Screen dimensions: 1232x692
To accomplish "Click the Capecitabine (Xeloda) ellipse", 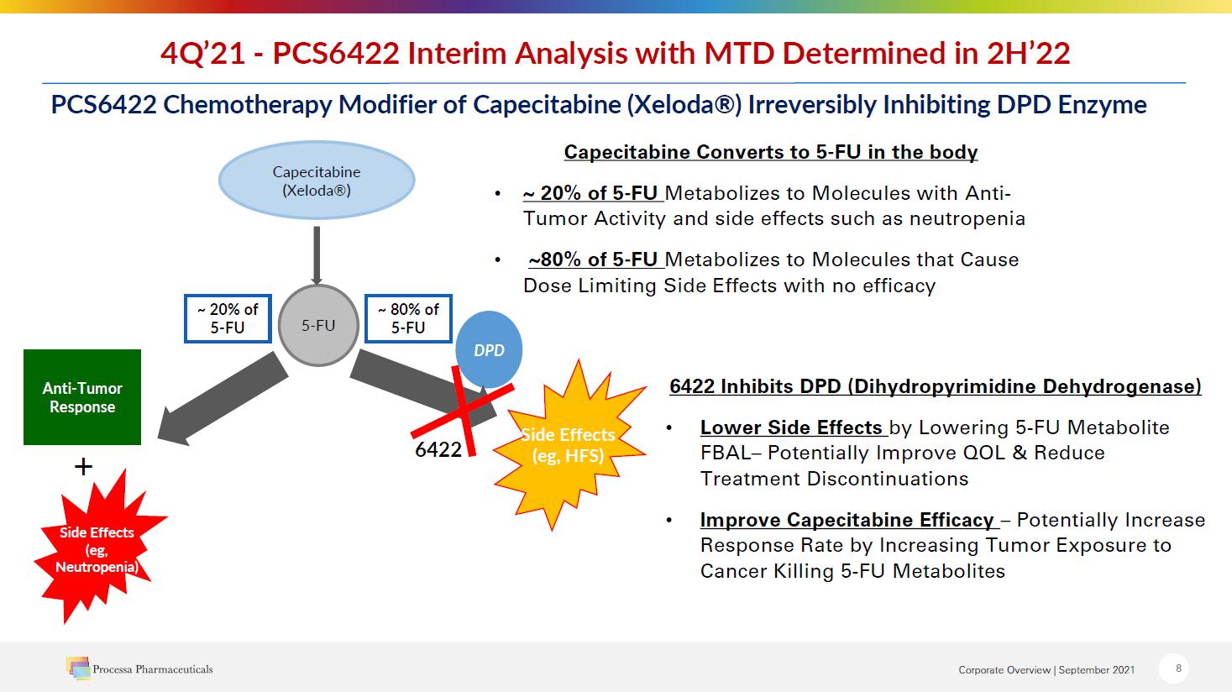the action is pyautogui.click(x=317, y=181).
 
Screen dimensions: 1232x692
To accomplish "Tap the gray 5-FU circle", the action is pyautogui.click(x=318, y=325).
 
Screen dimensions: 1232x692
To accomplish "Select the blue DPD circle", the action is pyautogui.click(x=489, y=349).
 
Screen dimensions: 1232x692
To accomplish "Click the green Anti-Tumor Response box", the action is pyautogui.click(x=82, y=397).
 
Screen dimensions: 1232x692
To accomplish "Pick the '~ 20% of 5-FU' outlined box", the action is pyautogui.click(x=228, y=318).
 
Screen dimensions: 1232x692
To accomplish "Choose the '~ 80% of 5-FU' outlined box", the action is pyautogui.click(x=408, y=318).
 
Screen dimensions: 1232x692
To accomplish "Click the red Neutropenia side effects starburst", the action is pyautogui.click(x=98, y=548).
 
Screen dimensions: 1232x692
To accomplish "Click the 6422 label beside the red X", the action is pyautogui.click(x=438, y=450).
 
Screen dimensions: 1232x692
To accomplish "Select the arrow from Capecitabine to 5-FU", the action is pyautogui.click(x=317, y=256).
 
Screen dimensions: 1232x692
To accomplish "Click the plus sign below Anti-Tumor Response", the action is pyautogui.click(x=83, y=467).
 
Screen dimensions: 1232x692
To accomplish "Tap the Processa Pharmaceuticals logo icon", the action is pyautogui.click(x=79, y=668).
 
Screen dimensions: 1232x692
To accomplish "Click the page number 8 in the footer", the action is pyautogui.click(x=1178, y=668).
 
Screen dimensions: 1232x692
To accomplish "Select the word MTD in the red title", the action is pyautogui.click(x=739, y=54).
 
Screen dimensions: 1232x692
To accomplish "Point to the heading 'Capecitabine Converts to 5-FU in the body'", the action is pyautogui.click(x=771, y=152).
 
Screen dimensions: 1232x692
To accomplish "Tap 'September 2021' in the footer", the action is pyautogui.click(x=1096, y=669).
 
